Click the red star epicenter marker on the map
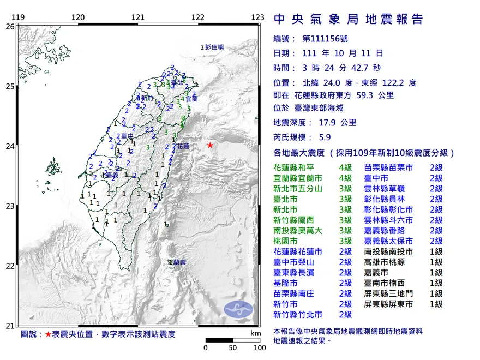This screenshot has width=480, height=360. pyautogui.click(x=210, y=145)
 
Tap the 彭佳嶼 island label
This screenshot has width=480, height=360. pyautogui.click(x=214, y=47)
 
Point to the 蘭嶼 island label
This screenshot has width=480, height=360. pyautogui.click(x=178, y=262)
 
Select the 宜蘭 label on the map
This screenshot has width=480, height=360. pyautogui.click(x=191, y=99)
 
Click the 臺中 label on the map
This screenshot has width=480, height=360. pyautogui.click(x=127, y=136)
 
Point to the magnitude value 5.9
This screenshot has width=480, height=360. pyautogui.click(x=325, y=137)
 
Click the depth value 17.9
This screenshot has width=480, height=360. pyautogui.click(x=325, y=123)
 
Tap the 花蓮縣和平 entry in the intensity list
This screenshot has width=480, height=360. pyautogui.click(x=298, y=167)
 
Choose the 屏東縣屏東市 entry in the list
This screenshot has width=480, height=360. pyautogui.click(x=388, y=304)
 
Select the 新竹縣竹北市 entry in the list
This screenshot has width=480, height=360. pyautogui.click(x=298, y=314)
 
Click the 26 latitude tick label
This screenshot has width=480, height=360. pyautogui.click(x=10, y=26)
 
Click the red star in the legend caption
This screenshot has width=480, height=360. pyautogui.click(x=48, y=333)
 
